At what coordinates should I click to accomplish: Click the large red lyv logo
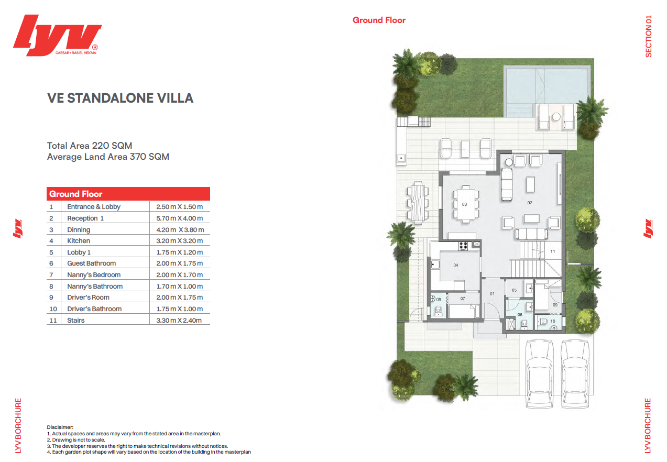pos(57,35)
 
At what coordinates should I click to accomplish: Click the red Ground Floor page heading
pos(379,20)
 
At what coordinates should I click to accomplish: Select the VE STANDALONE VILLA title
pos(121,98)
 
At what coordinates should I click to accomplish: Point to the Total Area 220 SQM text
pos(90,146)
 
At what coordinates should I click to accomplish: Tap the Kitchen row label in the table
pos(79,241)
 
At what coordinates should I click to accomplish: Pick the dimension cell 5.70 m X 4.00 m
pos(180,218)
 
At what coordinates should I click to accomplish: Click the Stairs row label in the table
pos(75,320)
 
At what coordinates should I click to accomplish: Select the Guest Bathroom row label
pos(91,263)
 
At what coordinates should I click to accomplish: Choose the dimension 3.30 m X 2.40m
pos(179,320)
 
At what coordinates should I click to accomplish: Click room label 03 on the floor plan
pos(464,204)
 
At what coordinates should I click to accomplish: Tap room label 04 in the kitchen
pos(456,265)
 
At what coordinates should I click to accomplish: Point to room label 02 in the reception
pos(529,203)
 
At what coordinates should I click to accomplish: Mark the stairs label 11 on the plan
pos(553,251)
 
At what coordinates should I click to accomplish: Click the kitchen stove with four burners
pos(463,246)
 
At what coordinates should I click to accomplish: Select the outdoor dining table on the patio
pos(418,202)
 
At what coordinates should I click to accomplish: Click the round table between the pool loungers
pos(556,117)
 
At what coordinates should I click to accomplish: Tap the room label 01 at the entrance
pos(492,294)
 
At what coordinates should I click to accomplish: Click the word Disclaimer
pos(60,427)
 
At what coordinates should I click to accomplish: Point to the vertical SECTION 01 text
pos(649,36)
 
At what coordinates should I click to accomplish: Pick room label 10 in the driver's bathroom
pos(553,321)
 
